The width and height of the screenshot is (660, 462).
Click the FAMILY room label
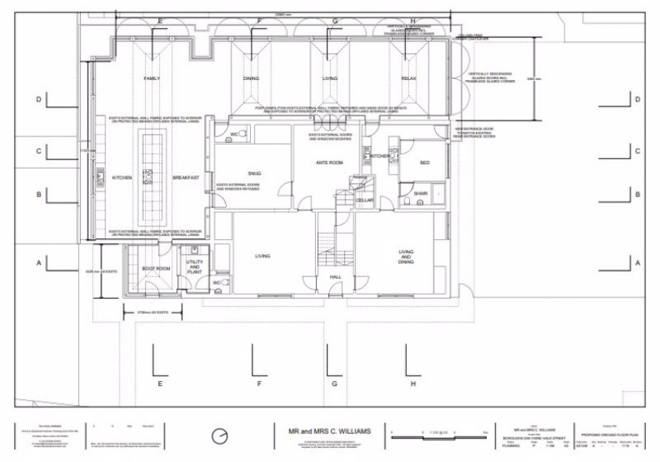(x=151, y=79)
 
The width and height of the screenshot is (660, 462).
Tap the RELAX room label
(x=409, y=79)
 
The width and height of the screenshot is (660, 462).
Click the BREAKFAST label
(x=186, y=178)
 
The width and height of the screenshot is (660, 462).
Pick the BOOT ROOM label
(x=155, y=269)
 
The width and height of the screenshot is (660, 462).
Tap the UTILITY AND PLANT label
(x=193, y=266)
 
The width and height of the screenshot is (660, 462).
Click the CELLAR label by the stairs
(x=365, y=200)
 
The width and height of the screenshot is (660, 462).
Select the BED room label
(x=424, y=162)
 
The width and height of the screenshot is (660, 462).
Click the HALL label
(x=335, y=276)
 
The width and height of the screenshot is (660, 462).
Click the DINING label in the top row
(x=251, y=79)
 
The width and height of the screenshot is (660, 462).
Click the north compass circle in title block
(x=221, y=433)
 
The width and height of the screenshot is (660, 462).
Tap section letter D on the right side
(x=637, y=99)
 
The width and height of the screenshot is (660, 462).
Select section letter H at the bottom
(x=413, y=384)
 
